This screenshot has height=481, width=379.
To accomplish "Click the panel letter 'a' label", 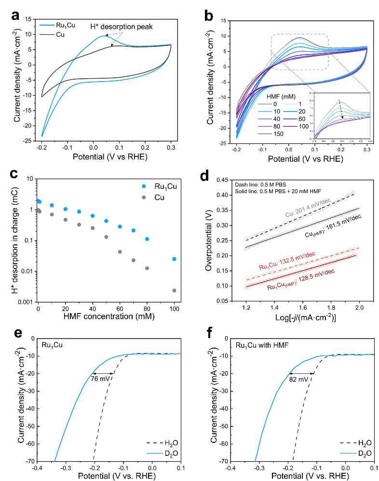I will pyautogui.click(x=15, y=15).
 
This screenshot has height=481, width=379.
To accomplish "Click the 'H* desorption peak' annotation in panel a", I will pyautogui.click(x=122, y=27).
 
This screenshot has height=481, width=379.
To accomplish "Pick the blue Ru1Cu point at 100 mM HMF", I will pyautogui.click(x=174, y=259).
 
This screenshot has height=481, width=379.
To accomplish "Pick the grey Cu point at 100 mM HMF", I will pyautogui.click(x=174, y=290).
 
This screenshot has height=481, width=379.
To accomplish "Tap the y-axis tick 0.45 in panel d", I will pyautogui.click(x=219, y=180).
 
